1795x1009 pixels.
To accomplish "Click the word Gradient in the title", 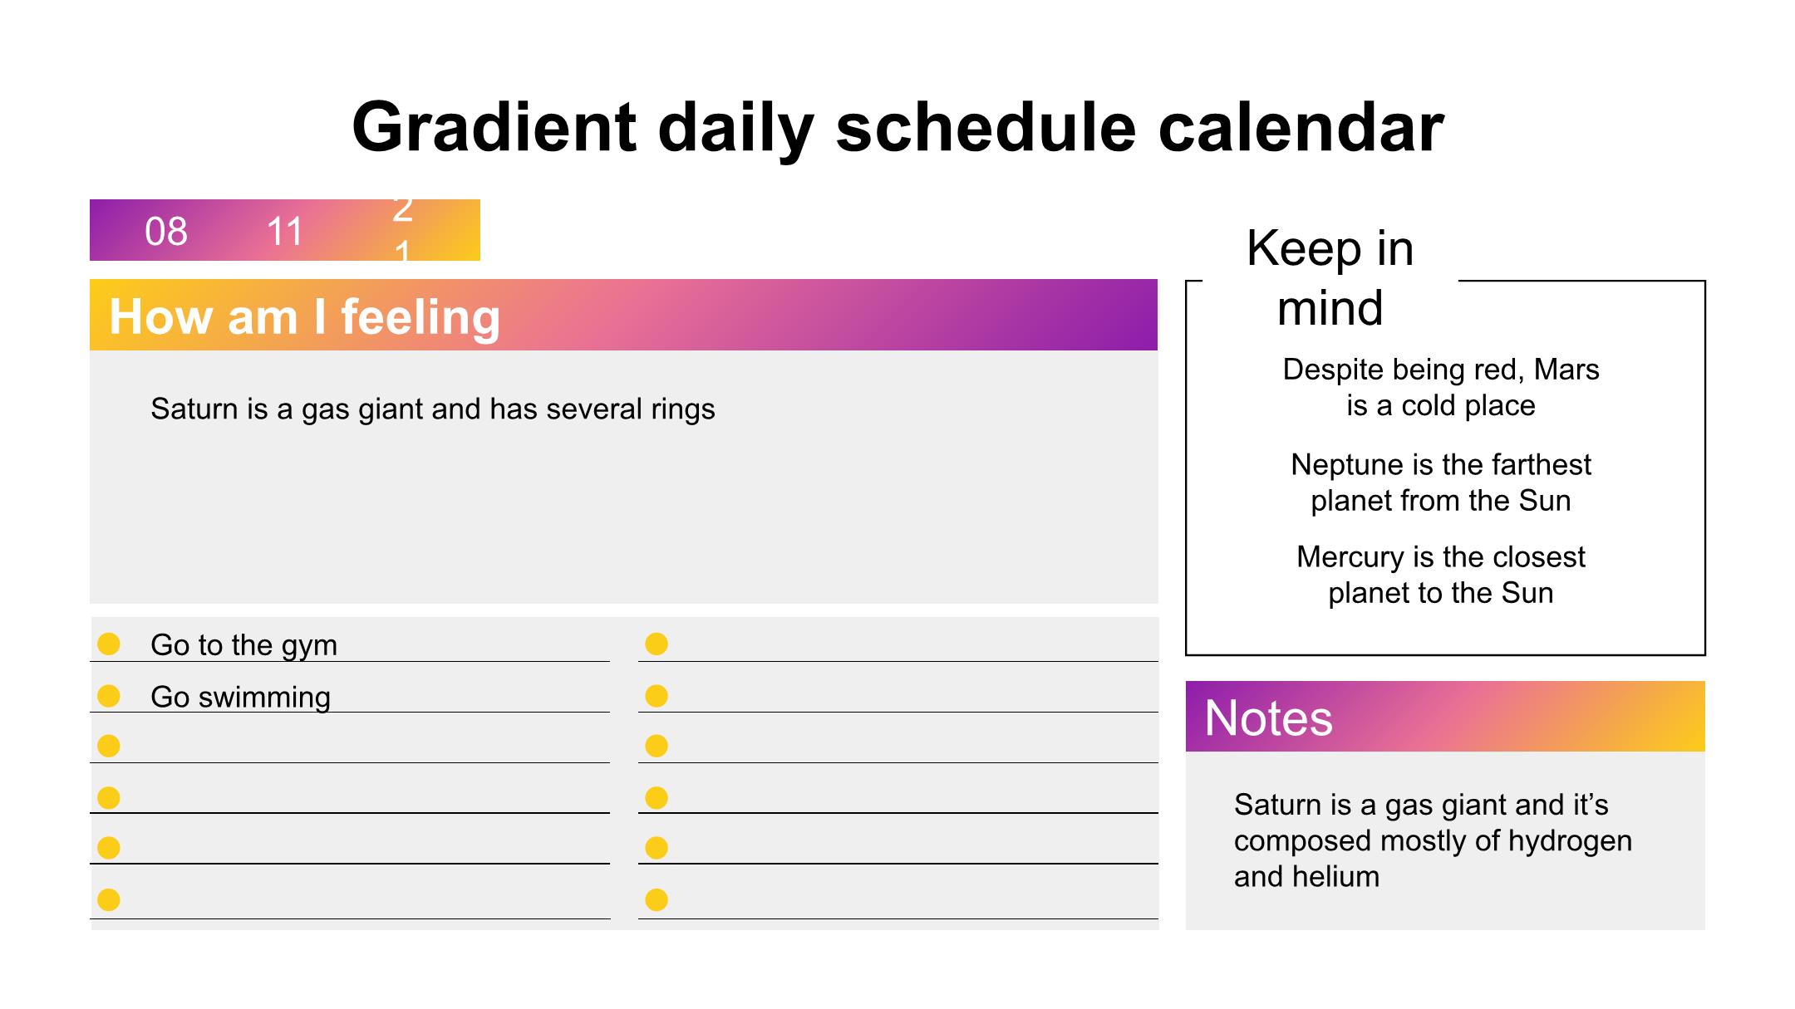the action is tap(494, 127).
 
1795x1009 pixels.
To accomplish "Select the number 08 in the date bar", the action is tap(166, 232).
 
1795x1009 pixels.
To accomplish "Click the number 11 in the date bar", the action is tap(284, 232).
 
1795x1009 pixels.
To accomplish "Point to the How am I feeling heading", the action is tap(305, 316).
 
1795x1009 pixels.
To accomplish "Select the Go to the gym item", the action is tap(243, 645).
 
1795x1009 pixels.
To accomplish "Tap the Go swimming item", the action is tap(240, 697).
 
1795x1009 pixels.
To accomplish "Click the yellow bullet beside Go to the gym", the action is tap(109, 644).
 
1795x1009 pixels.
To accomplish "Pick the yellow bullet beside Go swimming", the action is tap(109, 695).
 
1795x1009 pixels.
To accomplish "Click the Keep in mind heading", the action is tap(1330, 277).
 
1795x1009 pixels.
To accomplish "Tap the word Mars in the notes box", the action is tap(1566, 370).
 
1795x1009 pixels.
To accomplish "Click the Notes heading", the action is tap(1268, 718).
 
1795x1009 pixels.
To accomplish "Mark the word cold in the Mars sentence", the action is tap(1431, 406).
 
